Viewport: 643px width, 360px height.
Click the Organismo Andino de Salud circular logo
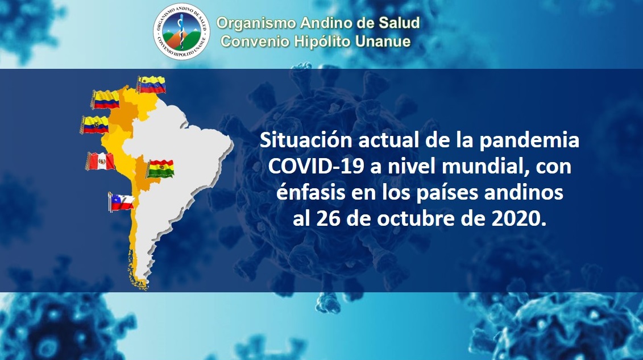click(x=181, y=32)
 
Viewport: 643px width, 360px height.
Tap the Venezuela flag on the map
click(x=151, y=85)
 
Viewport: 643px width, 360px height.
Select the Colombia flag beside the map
click(x=105, y=100)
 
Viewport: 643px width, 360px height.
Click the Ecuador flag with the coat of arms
click(x=94, y=125)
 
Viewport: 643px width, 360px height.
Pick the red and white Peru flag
click(x=100, y=162)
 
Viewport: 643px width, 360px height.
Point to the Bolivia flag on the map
click(x=160, y=169)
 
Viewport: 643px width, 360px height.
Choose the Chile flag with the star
click(x=122, y=202)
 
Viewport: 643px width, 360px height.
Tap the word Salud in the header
click(x=399, y=23)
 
